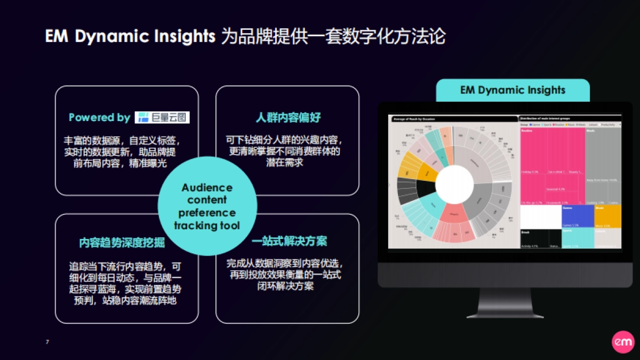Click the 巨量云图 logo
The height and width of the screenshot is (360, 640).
pos(162,117)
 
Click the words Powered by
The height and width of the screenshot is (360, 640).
pos(99,117)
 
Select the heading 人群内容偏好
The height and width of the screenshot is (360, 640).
pos(289,117)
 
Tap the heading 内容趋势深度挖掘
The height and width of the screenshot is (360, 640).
pos(122,243)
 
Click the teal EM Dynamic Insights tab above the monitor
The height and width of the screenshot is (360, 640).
pos(513,90)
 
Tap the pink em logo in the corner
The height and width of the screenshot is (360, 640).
pos(622,341)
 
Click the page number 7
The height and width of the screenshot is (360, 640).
pos(47,341)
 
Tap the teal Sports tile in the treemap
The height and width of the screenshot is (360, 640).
pos(578,238)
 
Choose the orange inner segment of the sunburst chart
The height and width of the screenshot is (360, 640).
pos(427,172)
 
